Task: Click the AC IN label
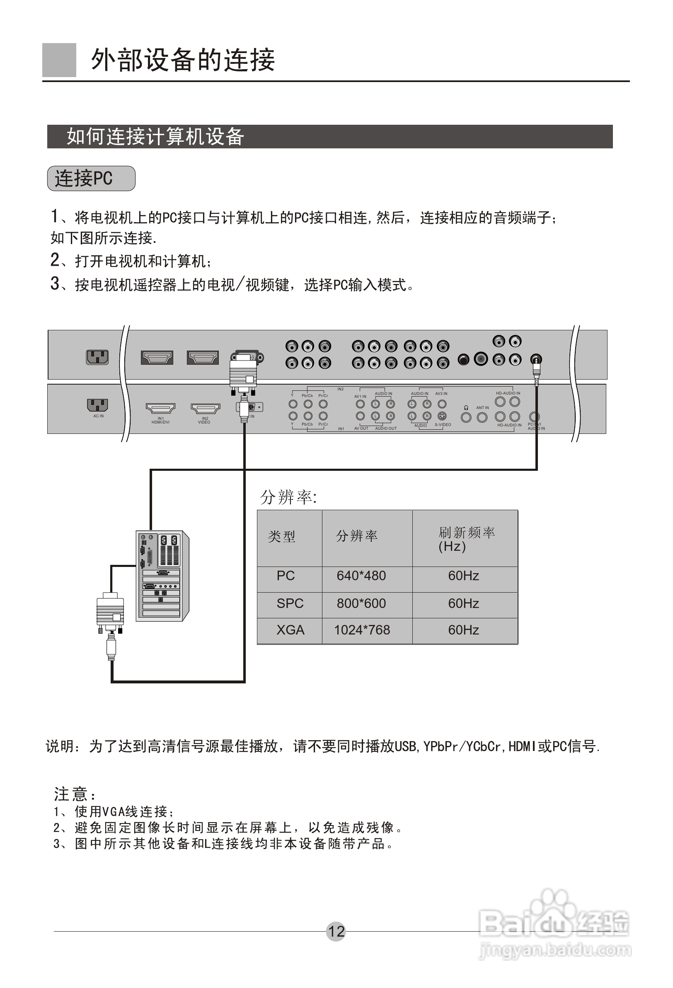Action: point(98,416)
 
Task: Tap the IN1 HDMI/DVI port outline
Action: point(160,409)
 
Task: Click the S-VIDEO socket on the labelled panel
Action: point(442,416)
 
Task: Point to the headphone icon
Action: point(466,408)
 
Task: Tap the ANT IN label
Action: point(482,408)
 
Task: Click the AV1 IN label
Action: point(360,396)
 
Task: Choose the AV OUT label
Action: point(361,429)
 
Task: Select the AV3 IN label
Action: point(441,394)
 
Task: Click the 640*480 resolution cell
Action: point(361,576)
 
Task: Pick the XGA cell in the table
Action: point(291,630)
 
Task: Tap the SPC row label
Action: point(290,603)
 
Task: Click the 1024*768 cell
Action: point(362,630)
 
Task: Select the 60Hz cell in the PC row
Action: point(463,576)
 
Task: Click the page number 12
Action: point(336,932)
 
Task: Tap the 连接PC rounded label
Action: point(91,179)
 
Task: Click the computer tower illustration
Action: point(162,576)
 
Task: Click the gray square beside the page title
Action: point(59,60)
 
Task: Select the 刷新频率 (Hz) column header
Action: point(466,539)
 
